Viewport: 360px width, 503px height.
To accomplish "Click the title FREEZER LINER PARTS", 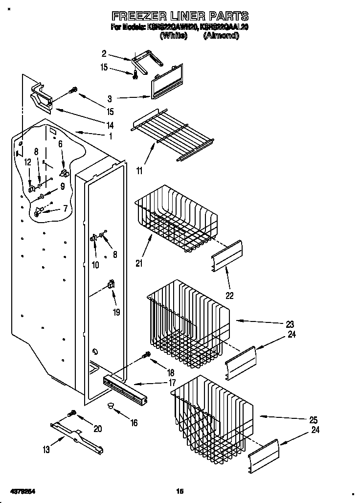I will (x=180, y=17).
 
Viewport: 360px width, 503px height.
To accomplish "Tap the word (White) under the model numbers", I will (x=174, y=36).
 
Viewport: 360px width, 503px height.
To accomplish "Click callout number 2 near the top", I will (x=104, y=53).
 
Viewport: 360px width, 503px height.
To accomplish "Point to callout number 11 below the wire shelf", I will (x=140, y=171).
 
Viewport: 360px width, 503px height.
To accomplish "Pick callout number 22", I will (x=229, y=295).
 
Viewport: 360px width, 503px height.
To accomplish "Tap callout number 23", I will (x=290, y=324).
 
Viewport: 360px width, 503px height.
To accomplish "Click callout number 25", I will (x=313, y=420).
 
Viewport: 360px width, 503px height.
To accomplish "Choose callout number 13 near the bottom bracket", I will (x=46, y=450).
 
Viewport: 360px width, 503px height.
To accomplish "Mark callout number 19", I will (x=116, y=313).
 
